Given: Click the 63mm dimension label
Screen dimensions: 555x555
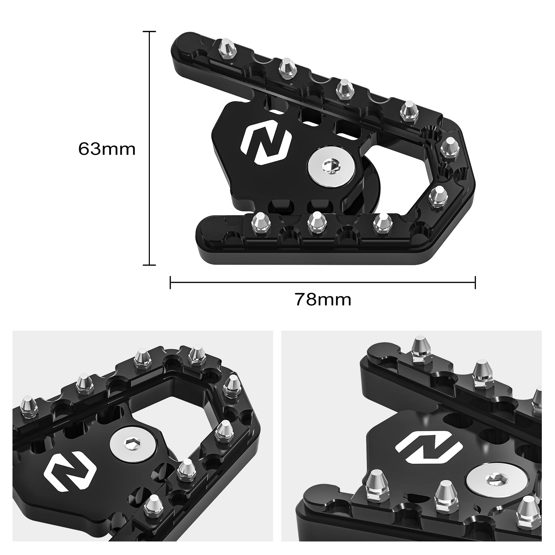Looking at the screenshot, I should [x=107, y=149].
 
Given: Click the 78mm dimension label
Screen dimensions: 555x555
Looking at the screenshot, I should [x=323, y=299].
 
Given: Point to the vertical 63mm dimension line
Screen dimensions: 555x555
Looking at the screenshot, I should [x=150, y=149].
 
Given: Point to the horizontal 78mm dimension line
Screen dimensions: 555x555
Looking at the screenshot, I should [x=323, y=282].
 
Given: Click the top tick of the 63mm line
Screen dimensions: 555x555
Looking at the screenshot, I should [x=150, y=32].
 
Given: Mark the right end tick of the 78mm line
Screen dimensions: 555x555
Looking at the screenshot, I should [x=475, y=282].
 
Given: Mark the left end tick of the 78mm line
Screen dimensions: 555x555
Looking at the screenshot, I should [x=170, y=282].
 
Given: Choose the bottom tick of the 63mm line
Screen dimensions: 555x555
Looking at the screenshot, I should [x=150, y=265].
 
